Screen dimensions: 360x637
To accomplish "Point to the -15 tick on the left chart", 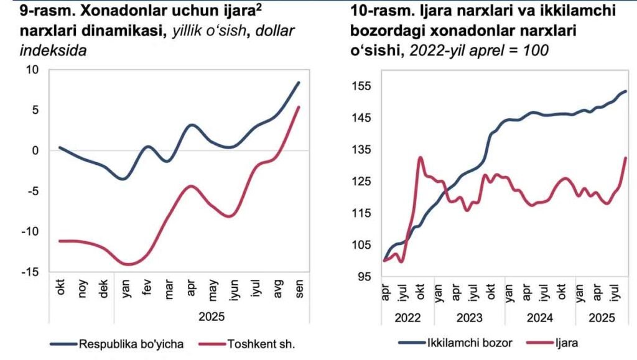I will (x=33, y=272).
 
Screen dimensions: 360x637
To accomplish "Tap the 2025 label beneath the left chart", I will (x=212, y=316).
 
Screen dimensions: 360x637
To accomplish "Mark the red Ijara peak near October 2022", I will (x=421, y=157).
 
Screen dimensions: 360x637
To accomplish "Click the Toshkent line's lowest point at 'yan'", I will (x=128, y=264).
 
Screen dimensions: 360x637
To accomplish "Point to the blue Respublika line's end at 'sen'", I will (x=299, y=83).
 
